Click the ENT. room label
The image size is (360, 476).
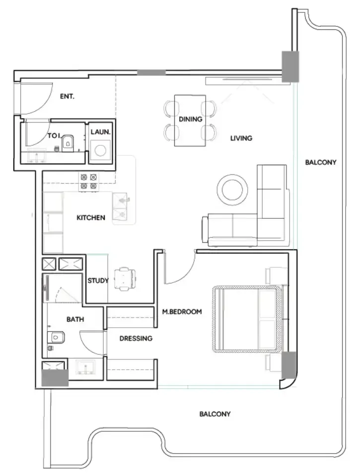pyautogui.click(x=67, y=96)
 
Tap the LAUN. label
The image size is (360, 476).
pyautogui.click(x=100, y=132)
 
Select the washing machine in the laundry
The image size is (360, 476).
pyautogui.click(x=100, y=150)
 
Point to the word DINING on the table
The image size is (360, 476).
pyautogui.click(x=190, y=119)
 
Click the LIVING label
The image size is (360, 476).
pyautogui.click(x=241, y=138)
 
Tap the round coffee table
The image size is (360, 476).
pyautogui.click(x=232, y=190)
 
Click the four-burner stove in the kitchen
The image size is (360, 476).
pyautogui.click(x=89, y=181)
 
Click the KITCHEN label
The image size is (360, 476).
pyautogui.click(x=91, y=218)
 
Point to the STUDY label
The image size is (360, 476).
pyautogui.click(x=98, y=280)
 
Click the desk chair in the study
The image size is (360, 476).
pyautogui.click(x=125, y=278)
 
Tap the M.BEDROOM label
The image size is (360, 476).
pyautogui.click(x=182, y=312)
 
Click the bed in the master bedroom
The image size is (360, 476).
pyautogui.click(x=247, y=319)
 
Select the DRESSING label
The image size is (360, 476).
pyautogui.click(x=136, y=338)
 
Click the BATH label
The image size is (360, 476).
pyautogui.click(x=75, y=319)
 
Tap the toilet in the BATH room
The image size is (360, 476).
pyautogui.click(x=56, y=337)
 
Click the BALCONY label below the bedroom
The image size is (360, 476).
pyautogui.click(x=215, y=414)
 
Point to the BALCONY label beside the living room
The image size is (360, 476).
pyautogui.click(x=321, y=162)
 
